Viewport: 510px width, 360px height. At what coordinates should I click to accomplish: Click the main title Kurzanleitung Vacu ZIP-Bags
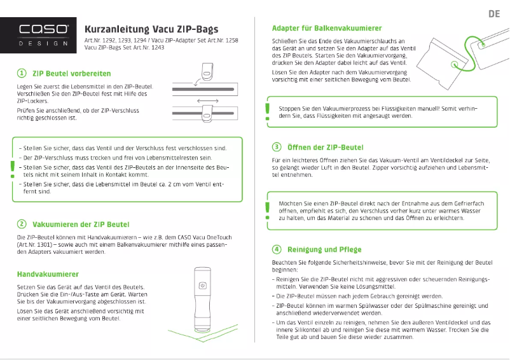coord(151,29)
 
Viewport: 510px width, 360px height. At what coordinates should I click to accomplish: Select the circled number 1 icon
coord(22,74)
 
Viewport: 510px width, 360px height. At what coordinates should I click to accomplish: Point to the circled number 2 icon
coord(22,224)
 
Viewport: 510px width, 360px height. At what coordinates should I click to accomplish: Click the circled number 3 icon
coord(277,147)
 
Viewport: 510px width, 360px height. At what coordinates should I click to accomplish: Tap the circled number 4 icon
coord(277,249)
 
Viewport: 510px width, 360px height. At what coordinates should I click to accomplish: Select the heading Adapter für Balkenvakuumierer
coord(327,29)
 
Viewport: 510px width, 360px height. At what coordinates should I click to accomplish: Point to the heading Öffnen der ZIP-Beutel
coord(326,147)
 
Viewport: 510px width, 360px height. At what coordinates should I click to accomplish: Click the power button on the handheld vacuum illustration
coord(202,286)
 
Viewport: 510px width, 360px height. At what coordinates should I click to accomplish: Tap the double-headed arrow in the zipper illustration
coord(208,101)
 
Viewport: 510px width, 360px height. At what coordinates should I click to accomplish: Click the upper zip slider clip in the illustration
coord(207,72)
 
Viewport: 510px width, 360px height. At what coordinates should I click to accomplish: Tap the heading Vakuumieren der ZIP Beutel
coord(81,224)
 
